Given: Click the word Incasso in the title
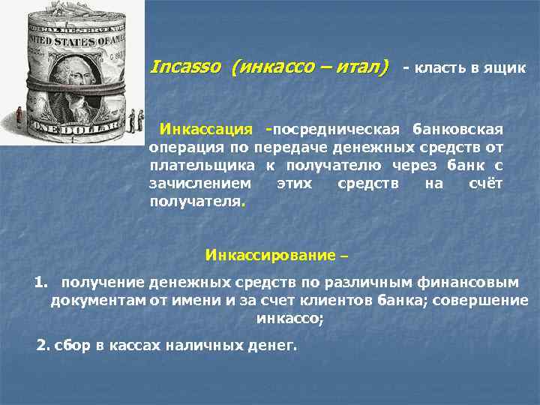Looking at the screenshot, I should pos(185,67).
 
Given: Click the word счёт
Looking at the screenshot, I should pos(484,183).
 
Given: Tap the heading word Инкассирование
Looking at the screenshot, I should pos(270,255).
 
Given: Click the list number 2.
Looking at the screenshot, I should pos(42,346).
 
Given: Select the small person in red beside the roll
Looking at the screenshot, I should pos(18,116).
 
